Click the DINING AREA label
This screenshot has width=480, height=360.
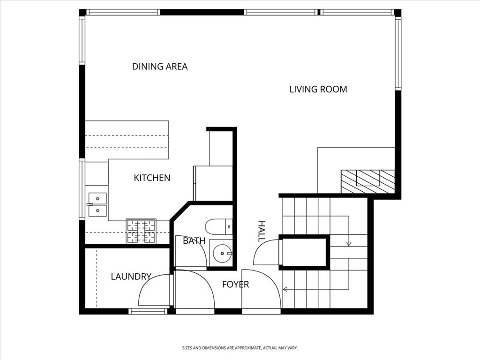[x=159, y=67]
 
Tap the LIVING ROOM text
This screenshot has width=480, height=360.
[x=318, y=90]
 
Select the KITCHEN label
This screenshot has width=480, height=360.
[x=152, y=178]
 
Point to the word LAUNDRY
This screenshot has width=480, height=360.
[x=131, y=277]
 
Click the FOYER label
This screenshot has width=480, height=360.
[x=235, y=285]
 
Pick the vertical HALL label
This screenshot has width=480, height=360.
[x=262, y=231]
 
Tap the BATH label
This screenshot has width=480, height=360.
[x=194, y=241]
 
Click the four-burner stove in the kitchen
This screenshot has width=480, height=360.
[x=141, y=231]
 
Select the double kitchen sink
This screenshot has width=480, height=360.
[x=97, y=204]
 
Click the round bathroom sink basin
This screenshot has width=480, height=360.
[x=222, y=253]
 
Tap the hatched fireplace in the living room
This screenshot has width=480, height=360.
[x=367, y=181]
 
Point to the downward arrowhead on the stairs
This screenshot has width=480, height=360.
[x=349, y=244]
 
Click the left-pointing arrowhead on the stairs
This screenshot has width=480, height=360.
[x=285, y=289]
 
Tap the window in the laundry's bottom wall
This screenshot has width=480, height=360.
[x=148, y=311]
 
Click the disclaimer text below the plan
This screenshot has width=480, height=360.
[x=240, y=348]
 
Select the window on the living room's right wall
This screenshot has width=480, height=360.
[x=398, y=53]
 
